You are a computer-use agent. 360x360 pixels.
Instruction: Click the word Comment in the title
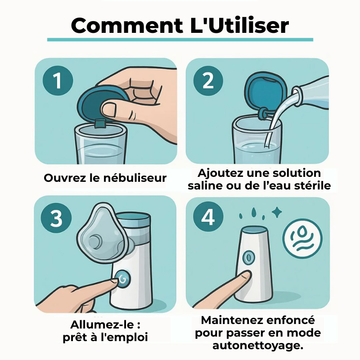coord(127,25)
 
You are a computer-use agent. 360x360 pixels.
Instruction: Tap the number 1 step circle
coord(58,81)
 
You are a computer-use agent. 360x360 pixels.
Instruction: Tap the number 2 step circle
coord(208,81)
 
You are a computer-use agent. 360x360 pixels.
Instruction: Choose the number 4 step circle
coord(208,217)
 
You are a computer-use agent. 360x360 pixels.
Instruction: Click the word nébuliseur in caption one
coord(135,178)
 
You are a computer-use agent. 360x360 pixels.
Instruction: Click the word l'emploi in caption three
coord(124,337)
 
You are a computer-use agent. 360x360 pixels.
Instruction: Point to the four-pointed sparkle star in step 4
coord(277,212)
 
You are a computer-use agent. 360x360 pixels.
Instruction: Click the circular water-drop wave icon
coord(302,238)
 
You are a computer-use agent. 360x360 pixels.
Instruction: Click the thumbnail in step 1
coord(109,109)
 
